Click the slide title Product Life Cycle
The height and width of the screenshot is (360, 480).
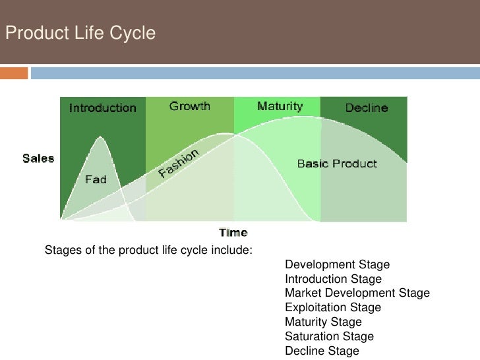(80, 31)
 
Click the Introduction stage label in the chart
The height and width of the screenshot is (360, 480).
(103, 108)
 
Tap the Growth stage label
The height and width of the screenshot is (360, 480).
(189, 105)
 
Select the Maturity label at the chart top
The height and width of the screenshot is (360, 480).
(280, 106)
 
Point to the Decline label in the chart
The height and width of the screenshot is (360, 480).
(367, 107)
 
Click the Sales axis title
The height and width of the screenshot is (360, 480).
(39, 158)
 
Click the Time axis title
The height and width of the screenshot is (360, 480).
(233, 231)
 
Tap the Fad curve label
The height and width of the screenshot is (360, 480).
(96, 179)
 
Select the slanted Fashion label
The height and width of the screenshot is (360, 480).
(178, 164)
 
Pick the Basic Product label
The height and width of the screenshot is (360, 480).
(337, 163)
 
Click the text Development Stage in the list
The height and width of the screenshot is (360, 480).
(337, 265)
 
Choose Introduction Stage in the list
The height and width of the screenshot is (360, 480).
(333, 280)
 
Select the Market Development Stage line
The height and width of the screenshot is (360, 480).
(357, 293)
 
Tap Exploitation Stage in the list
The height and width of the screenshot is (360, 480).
(332, 308)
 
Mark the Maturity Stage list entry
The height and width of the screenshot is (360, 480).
(323, 322)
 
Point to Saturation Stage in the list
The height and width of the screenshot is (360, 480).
(329, 337)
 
